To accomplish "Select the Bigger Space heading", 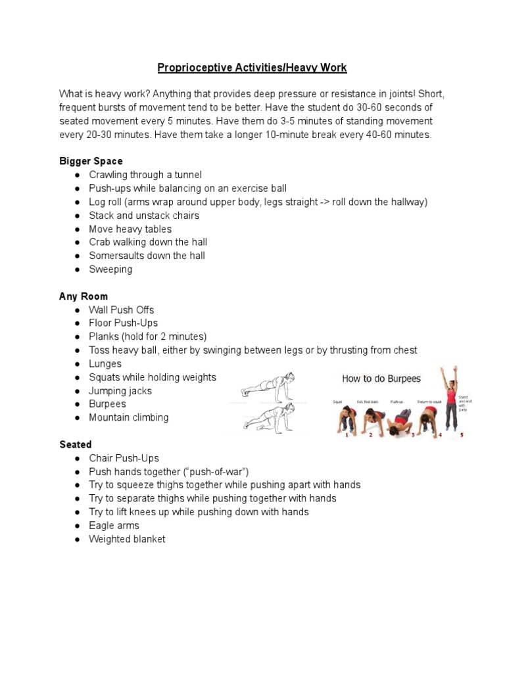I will [x=91, y=161].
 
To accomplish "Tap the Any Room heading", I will [x=84, y=296].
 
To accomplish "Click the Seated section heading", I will [x=76, y=444].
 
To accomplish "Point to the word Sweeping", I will [x=110, y=269].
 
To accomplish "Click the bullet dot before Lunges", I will [x=77, y=364].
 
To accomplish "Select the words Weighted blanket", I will [x=127, y=539].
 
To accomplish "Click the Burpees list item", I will [x=107, y=404].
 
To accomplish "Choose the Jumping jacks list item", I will [x=120, y=390].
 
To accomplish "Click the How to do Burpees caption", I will [x=381, y=379].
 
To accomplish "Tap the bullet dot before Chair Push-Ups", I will [x=77, y=458].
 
